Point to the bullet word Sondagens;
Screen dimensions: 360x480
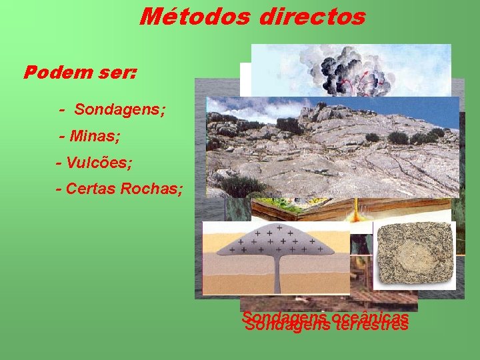click(x=119, y=109)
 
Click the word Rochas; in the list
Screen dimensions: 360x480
click(x=151, y=189)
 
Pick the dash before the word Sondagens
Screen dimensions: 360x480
click(x=62, y=109)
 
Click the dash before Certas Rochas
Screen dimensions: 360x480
click(x=59, y=189)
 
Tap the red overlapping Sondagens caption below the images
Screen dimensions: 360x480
click(x=326, y=322)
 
